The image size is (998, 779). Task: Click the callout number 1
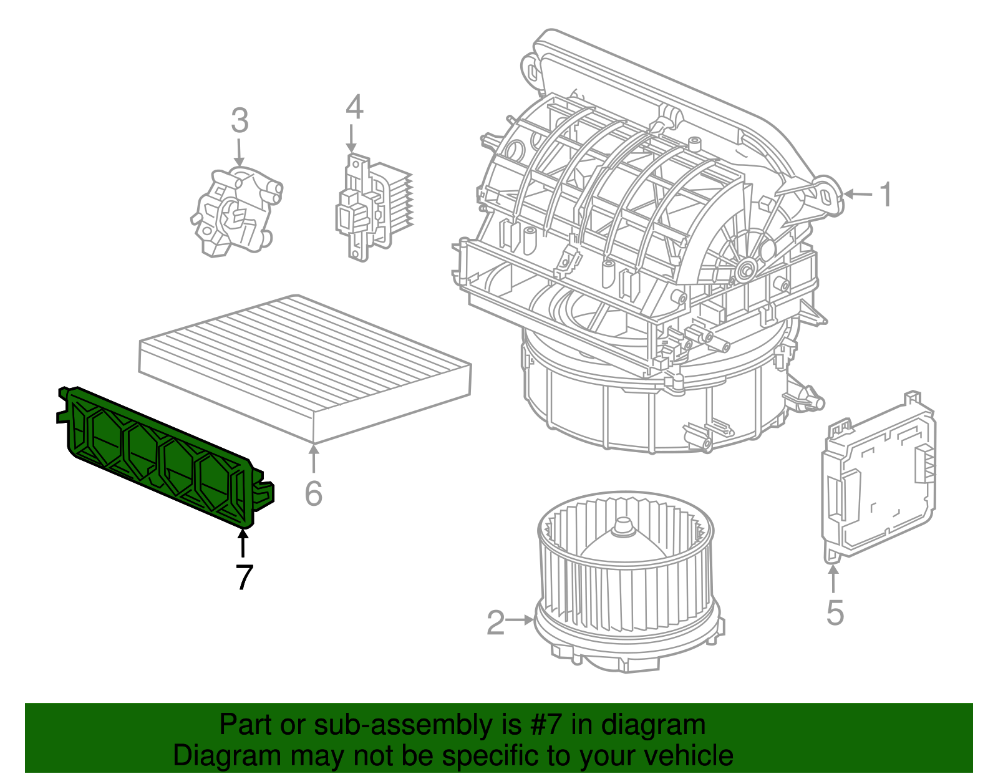(886, 195)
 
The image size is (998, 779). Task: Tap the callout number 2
(495, 622)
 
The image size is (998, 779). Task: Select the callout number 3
(240, 121)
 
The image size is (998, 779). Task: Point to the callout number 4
(354, 107)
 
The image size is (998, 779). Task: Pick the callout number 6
(313, 494)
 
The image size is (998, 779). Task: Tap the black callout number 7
(244, 577)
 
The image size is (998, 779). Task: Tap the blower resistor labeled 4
(374, 206)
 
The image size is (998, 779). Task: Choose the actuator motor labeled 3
(236, 212)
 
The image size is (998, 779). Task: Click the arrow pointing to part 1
(858, 195)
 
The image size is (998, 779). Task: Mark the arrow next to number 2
(520, 620)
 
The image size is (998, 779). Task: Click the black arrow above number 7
(243, 541)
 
